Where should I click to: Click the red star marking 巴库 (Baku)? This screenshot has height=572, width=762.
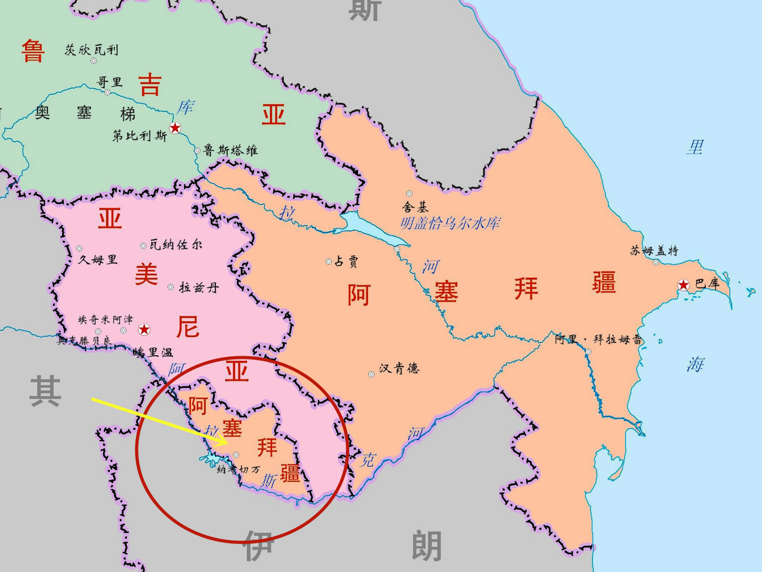point(683,285)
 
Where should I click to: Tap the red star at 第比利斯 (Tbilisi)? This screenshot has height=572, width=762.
point(175,128)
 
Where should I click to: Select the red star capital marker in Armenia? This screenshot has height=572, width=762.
point(144,329)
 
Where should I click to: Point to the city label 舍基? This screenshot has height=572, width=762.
point(415,207)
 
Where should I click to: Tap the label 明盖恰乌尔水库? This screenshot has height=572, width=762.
point(450,223)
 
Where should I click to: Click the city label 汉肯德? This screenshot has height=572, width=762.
point(399,368)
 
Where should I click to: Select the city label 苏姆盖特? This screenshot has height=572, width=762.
point(654,251)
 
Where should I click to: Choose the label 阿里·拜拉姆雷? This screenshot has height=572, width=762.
point(598,339)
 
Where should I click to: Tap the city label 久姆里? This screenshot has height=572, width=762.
point(98,260)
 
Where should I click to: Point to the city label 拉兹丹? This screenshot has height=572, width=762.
point(199,287)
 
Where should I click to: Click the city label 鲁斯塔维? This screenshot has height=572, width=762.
point(231,150)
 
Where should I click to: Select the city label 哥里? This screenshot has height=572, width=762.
point(109,82)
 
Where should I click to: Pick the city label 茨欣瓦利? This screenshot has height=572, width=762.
point(91,50)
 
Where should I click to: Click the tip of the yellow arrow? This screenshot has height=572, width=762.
point(228,443)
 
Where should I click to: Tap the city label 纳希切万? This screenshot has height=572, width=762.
point(239,469)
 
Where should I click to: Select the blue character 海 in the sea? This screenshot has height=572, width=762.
point(696,365)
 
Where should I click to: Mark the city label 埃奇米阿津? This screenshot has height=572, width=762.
point(106,319)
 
